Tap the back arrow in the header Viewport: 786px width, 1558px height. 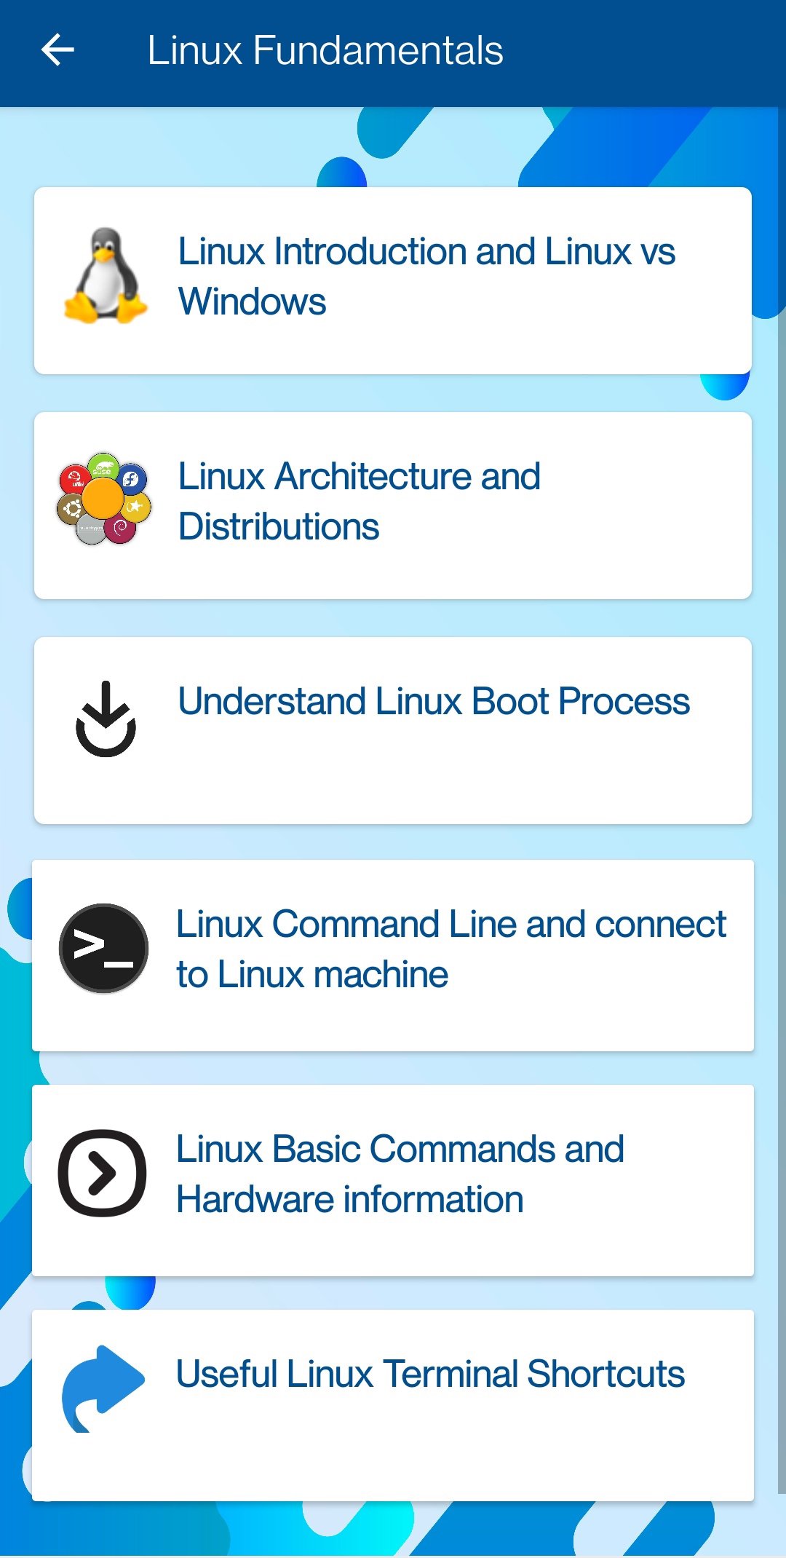point(58,50)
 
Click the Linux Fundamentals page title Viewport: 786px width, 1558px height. point(325,50)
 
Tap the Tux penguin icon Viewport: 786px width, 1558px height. point(106,276)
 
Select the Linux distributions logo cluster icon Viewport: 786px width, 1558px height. point(104,499)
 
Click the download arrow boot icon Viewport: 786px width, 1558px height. point(106,719)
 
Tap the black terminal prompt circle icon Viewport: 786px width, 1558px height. point(103,948)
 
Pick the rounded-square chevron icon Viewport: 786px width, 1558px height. point(102,1173)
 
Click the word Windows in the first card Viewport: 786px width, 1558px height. point(252,301)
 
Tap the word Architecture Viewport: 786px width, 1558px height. point(373,477)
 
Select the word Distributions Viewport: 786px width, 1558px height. point(279,527)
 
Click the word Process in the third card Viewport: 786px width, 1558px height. point(624,702)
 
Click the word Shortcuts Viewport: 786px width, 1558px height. point(606,1375)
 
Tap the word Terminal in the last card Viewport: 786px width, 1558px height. point(450,1375)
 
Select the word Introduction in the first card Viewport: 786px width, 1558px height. point(370,252)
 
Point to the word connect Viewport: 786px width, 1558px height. point(660,925)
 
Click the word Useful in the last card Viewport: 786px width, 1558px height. point(226,1375)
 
